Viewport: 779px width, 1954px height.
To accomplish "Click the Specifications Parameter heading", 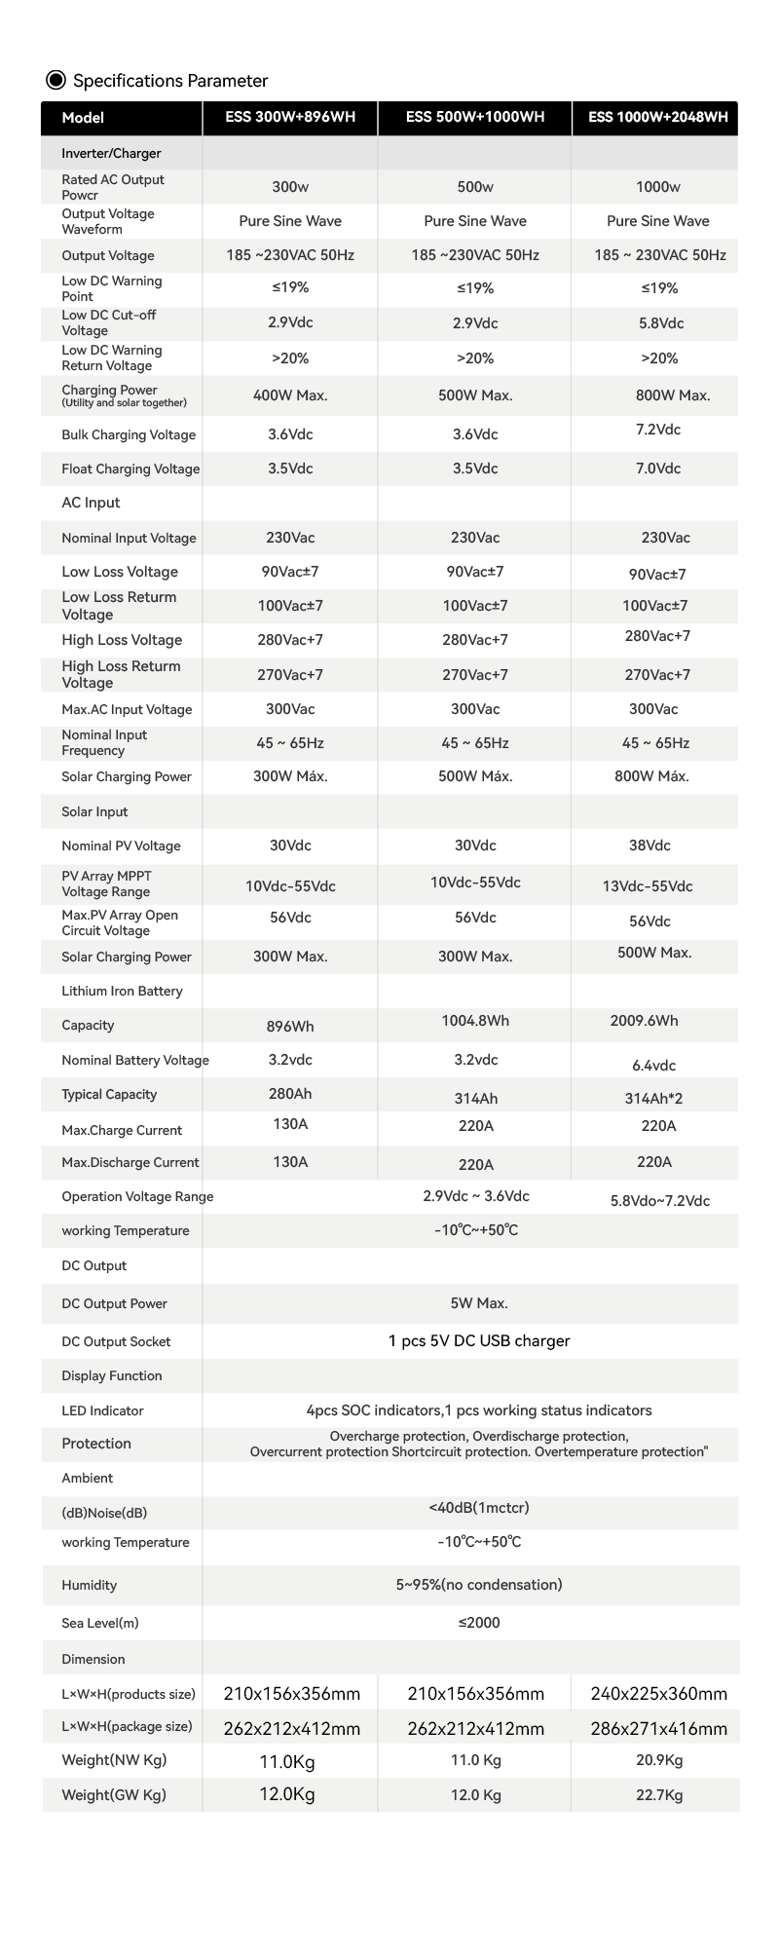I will coord(170,81).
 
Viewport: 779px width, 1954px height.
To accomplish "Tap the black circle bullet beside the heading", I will coord(56,80).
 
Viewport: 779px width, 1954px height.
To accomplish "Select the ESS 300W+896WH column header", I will coord(290,118).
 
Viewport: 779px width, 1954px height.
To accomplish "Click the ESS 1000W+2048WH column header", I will coord(658,118).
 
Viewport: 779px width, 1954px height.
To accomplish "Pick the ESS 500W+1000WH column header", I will coord(475,118).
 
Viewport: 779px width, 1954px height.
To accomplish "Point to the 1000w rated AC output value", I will coord(658,187).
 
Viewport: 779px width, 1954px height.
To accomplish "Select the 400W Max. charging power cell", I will coord(290,395).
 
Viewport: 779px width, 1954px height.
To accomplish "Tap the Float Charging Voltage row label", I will coord(130,470).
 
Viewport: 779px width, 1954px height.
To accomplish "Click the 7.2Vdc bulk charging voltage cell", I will coord(658,430).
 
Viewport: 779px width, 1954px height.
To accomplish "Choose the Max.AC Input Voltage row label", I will coord(127,710).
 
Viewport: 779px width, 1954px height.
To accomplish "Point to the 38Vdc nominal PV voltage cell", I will coord(650,845).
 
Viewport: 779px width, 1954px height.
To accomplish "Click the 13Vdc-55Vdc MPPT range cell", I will coord(648,886).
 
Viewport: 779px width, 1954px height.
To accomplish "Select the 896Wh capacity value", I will coord(290,1027).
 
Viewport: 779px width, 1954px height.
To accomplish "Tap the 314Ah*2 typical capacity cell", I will coord(653,1099).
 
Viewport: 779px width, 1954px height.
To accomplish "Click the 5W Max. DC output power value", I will coord(479,1303).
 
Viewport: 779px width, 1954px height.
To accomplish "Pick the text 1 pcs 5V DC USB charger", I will coord(479,1341).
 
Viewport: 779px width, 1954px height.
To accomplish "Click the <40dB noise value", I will coord(479,1508).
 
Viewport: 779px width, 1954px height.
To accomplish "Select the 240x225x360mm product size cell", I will coord(659,1694).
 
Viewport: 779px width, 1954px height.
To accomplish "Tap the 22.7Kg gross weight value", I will coord(659,1795).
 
